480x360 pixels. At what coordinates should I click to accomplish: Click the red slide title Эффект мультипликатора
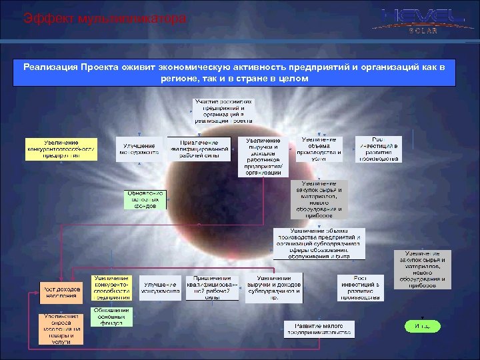tap(105, 19)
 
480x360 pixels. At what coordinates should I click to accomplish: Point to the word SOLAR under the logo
tap(423, 31)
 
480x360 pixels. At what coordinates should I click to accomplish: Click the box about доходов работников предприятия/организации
tap(263, 157)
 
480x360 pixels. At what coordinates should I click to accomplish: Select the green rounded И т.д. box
tap(422, 326)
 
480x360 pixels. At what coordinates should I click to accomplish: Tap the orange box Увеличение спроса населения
tap(63, 328)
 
